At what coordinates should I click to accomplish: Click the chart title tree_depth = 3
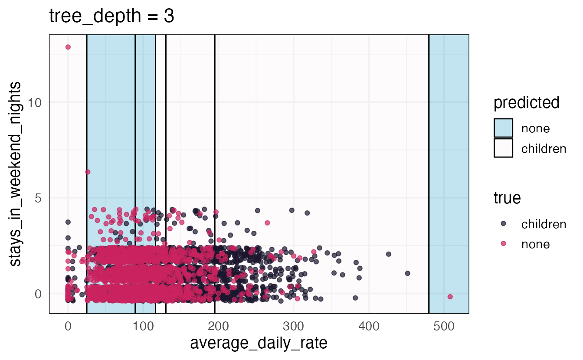(x=111, y=16)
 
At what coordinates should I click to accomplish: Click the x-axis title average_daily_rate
(x=259, y=344)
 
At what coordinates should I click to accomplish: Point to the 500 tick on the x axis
(x=444, y=326)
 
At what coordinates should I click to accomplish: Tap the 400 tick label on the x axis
(x=369, y=326)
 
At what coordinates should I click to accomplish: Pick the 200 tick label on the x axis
(x=218, y=326)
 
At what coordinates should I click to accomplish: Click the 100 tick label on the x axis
(x=143, y=326)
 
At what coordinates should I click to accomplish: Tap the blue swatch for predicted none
(x=503, y=128)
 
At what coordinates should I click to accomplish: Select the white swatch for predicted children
(x=503, y=148)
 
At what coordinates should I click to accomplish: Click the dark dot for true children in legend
(x=503, y=224)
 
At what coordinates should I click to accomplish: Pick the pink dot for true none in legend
(x=503, y=244)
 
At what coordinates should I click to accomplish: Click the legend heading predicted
(x=526, y=103)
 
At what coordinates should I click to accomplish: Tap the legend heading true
(x=507, y=198)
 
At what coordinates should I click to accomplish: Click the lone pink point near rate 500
(x=450, y=297)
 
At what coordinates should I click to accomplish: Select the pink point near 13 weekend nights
(x=68, y=47)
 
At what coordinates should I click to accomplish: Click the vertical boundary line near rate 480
(x=429, y=173)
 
